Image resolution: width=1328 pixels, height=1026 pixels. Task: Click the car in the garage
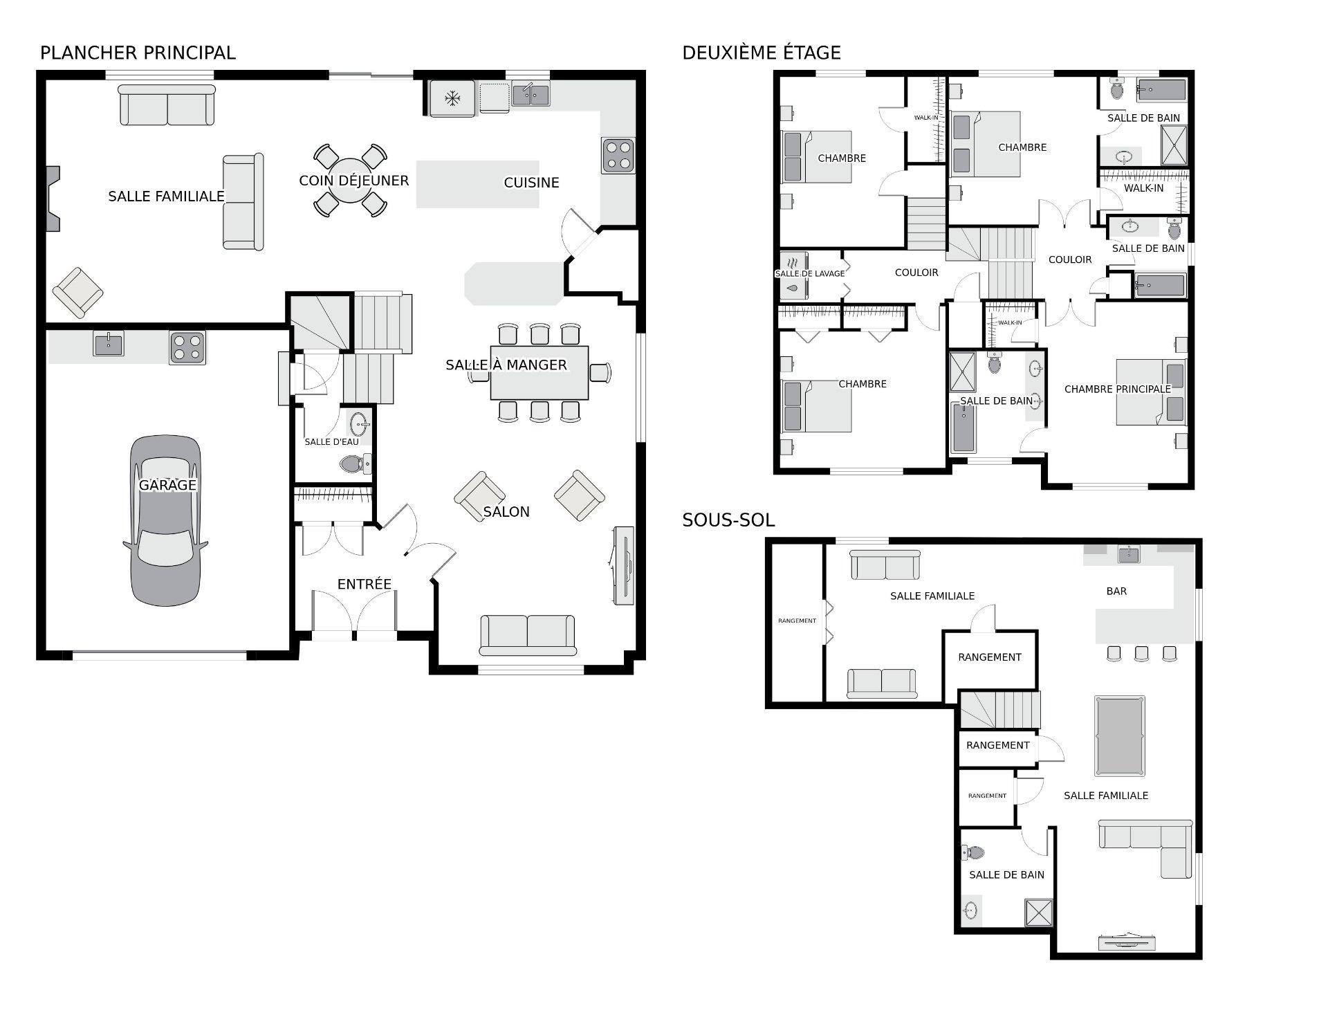click(x=166, y=520)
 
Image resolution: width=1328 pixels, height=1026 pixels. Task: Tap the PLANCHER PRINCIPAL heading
click(x=138, y=53)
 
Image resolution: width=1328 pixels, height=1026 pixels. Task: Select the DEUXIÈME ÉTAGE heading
click(x=762, y=53)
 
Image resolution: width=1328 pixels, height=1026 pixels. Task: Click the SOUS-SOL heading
click(x=728, y=520)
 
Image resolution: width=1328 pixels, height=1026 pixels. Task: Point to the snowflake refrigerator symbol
click(x=452, y=98)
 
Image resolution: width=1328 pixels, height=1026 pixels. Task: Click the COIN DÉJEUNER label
click(x=354, y=181)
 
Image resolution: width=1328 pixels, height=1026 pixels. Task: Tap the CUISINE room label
click(x=531, y=183)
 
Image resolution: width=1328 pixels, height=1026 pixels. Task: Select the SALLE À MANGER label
click(x=506, y=365)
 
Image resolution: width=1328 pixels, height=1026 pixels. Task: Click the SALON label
click(x=506, y=512)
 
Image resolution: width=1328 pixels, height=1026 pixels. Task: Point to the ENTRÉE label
click(x=365, y=584)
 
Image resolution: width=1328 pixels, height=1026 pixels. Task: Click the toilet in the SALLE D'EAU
click(x=356, y=463)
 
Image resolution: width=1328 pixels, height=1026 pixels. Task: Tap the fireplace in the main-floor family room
click(x=53, y=199)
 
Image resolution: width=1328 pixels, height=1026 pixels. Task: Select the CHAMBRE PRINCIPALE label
click(x=1117, y=390)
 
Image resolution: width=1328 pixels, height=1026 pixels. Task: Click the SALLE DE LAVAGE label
click(x=810, y=274)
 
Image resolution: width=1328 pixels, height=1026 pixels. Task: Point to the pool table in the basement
click(x=1119, y=736)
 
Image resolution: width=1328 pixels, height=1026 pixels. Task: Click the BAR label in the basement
click(x=1116, y=592)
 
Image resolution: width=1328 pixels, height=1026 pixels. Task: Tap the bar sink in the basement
click(x=1129, y=554)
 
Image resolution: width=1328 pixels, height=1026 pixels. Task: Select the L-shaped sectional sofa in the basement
click(x=1145, y=848)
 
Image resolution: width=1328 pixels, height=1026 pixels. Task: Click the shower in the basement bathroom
click(x=1039, y=912)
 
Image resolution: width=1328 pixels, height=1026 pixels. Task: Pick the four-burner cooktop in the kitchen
click(x=618, y=156)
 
